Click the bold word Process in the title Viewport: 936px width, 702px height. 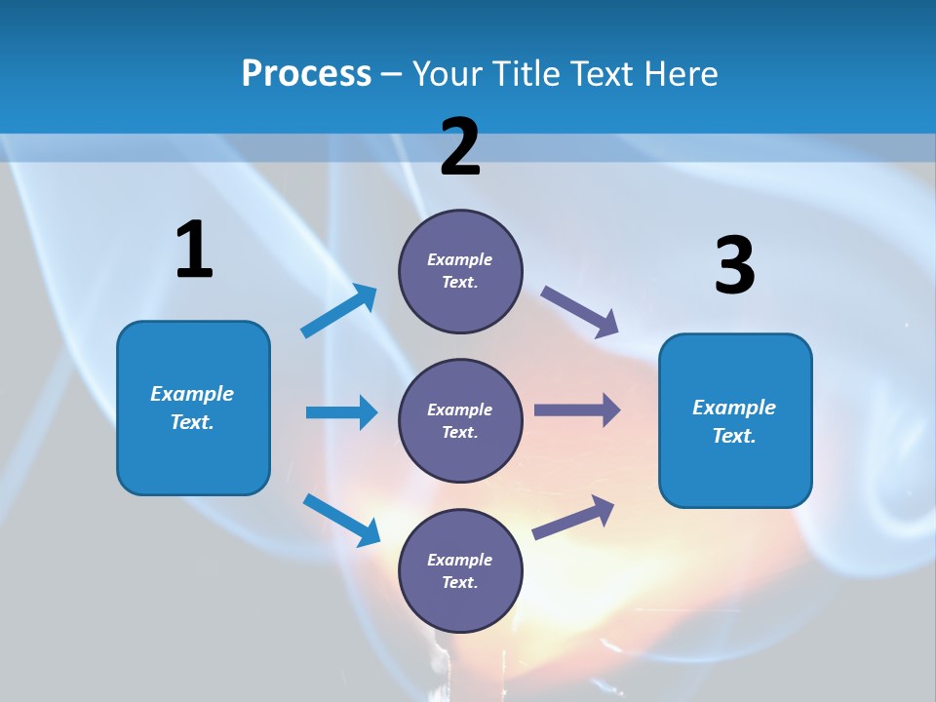coord(306,74)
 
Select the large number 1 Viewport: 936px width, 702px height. coord(194,251)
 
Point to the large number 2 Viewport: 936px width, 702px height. coord(460,147)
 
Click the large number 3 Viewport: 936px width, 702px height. coord(734,266)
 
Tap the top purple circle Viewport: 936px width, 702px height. coord(460,271)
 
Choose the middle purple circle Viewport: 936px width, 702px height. coord(460,420)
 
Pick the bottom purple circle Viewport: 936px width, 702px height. coord(460,570)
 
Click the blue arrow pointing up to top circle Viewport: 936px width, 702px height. coord(339,311)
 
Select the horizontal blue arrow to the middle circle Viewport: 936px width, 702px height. coord(341,412)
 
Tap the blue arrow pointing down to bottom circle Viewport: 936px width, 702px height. coord(341,520)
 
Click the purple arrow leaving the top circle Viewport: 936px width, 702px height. coord(579,311)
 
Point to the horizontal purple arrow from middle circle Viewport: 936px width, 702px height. coord(576,409)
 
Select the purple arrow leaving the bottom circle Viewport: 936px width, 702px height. coord(573,518)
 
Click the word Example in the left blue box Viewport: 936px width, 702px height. coord(192,394)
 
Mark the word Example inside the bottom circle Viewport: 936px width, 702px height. coord(459,560)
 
